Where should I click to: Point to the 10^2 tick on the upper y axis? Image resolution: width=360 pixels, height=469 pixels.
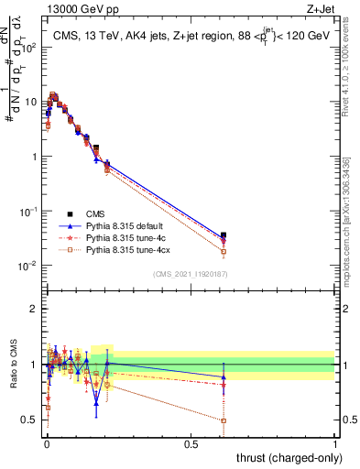click(x=31, y=47)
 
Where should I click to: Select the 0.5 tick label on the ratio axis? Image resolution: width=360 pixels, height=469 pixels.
click(x=31, y=420)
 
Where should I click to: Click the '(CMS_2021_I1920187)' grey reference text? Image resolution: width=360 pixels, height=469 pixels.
click(x=189, y=274)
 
